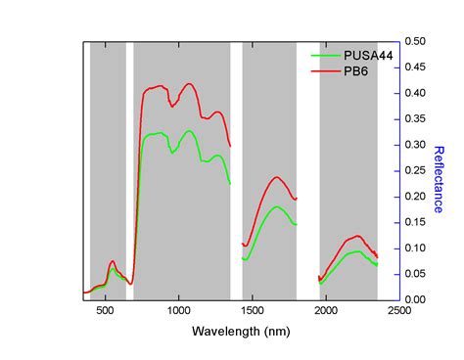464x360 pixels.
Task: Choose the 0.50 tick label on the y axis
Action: point(414,42)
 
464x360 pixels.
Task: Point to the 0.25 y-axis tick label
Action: point(414,170)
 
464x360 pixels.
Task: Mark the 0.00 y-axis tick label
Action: point(414,299)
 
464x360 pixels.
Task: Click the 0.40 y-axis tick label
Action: point(414,94)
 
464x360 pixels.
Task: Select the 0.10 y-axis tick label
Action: point(414,247)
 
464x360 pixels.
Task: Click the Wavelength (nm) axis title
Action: point(241,333)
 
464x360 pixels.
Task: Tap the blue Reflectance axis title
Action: point(440,179)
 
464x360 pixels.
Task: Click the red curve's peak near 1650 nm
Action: point(277,177)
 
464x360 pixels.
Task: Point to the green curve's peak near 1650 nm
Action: point(277,206)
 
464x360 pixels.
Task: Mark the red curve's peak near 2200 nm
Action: point(357,236)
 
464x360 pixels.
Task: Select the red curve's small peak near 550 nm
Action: point(113,261)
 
